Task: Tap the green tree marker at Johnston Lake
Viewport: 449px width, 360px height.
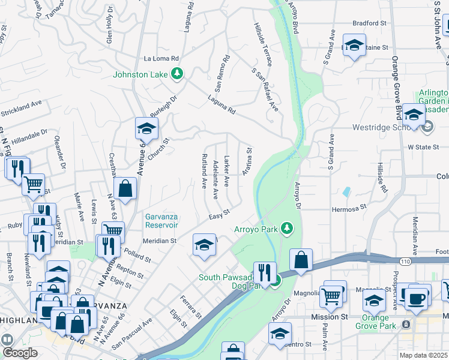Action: (x=177, y=74)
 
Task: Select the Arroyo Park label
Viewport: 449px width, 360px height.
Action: (x=258, y=229)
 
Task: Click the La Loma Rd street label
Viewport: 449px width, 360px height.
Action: (x=161, y=59)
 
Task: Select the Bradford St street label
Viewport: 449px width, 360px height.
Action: (x=369, y=23)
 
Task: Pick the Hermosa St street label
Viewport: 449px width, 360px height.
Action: (x=349, y=208)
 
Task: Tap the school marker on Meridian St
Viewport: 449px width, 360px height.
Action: (x=204, y=245)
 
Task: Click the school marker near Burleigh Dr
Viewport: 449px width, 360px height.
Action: (x=146, y=128)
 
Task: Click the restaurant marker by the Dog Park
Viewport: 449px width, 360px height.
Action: (x=264, y=272)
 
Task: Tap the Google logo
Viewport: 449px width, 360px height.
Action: (x=20, y=353)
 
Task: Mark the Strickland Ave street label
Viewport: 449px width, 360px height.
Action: (x=21, y=107)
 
